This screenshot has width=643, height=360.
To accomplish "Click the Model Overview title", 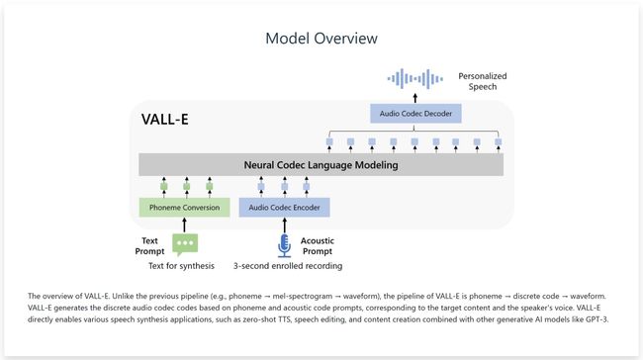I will pos(321,39).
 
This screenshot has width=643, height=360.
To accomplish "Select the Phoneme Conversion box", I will pos(184,208).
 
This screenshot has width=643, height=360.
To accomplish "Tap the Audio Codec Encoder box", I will pos(284,208).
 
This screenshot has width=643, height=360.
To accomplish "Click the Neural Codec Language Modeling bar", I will pos(321,165).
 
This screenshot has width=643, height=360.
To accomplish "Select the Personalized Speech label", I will pos(482,82).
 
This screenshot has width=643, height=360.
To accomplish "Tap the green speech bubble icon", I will pos(185,244).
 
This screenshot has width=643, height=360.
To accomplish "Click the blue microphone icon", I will pos(285,244).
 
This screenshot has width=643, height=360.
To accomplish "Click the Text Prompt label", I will pos(151,244).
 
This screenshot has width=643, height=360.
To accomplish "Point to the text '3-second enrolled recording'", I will pos(287,266).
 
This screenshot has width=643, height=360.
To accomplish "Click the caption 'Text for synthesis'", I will pos(181,266).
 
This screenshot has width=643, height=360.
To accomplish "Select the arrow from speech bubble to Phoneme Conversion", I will pos(185,225).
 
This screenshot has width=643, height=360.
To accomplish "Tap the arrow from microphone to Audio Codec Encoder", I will pos(285,225).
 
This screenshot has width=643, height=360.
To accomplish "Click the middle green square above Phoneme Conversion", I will pos(185,185).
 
